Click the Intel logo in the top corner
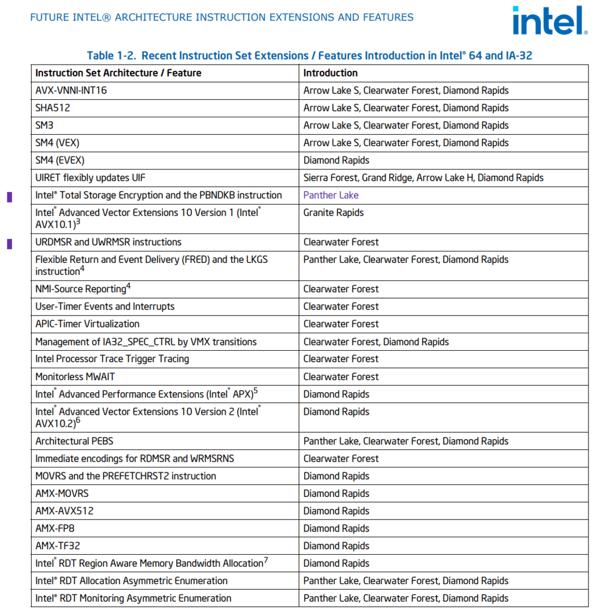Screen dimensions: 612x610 coord(549,20)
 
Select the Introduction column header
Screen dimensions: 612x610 coord(330,73)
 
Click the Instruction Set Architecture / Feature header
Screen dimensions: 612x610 coord(118,73)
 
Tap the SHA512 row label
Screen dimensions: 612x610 coord(53,108)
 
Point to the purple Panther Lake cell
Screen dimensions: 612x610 coord(331,195)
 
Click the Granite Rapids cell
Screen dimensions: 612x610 coord(333,213)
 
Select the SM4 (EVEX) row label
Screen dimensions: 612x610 coord(59,160)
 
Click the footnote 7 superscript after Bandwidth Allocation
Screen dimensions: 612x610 coord(266,560)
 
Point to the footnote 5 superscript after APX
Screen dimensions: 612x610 coord(255,391)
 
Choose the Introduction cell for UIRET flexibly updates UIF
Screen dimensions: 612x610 coord(423,178)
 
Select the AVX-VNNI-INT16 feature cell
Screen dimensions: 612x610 coord(71,91)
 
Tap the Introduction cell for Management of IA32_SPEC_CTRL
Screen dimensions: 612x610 coord(376,342)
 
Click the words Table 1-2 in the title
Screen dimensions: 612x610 coord(111,56)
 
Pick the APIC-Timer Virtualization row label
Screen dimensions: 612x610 coord(87,324)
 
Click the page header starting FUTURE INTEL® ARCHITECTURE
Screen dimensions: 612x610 coord(221,17)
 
